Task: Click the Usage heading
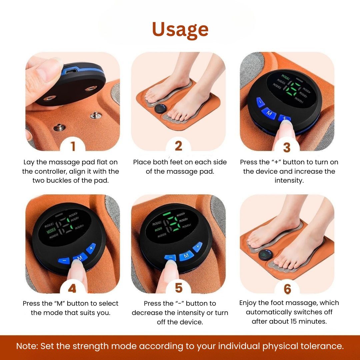[x=180, y=29]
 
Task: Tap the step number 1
[x=73, y=146]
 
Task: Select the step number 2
[x=178, y=146]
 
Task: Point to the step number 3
[x=287, y=147]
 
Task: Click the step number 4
[x=72, y=288]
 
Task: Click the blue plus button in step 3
[x=284, y=118]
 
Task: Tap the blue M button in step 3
[x=269, y=113]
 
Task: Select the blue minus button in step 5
[x=170, y=257]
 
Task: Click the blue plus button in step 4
[x=91, y=248]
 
